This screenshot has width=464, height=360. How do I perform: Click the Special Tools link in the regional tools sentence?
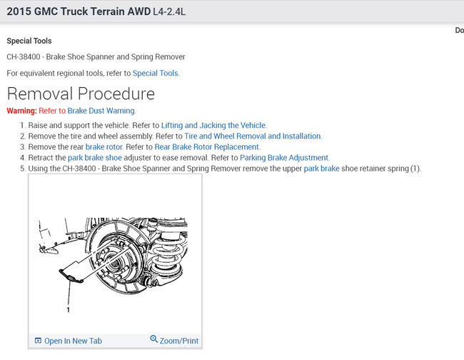156,73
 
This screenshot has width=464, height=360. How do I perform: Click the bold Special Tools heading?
29,41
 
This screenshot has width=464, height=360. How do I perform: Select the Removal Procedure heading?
81,94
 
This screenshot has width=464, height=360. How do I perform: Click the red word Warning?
21,111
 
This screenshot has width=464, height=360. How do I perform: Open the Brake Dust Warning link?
101,111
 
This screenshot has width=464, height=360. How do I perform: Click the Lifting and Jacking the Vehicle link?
213,125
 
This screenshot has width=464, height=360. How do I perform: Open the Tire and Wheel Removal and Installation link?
253,136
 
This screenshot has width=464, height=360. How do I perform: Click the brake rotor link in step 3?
104,146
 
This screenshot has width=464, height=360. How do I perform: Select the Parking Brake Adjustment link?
284,157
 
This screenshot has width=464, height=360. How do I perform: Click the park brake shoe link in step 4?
94,157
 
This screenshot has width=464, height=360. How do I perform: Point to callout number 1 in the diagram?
69,311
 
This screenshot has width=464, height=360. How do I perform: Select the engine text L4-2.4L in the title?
176,13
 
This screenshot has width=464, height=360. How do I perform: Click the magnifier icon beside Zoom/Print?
154,340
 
